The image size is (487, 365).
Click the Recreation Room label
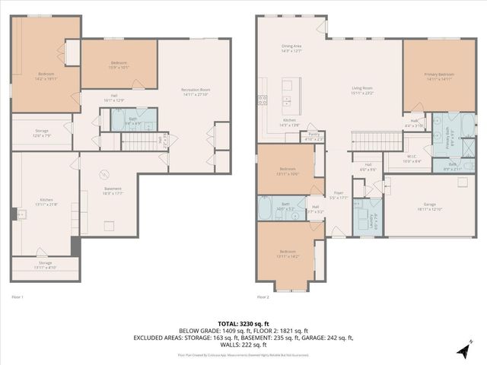click(195, 91)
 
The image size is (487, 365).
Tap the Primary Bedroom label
click(440, 75)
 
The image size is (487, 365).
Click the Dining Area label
click(292, 49)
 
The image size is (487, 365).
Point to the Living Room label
click(362, 90)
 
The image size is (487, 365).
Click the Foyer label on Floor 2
click(339, 195)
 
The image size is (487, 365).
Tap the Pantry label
click(314, 138)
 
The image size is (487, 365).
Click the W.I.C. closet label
click(411, 159)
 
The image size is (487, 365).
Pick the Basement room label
click(113, 191)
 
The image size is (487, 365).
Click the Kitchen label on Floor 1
click(46, 202)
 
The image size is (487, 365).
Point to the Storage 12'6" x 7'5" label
click(41, 132)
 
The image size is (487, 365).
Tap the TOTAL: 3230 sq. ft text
click(243, 323)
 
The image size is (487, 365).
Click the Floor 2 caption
click(263, 297)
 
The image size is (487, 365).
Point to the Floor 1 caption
click(18, 297)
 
